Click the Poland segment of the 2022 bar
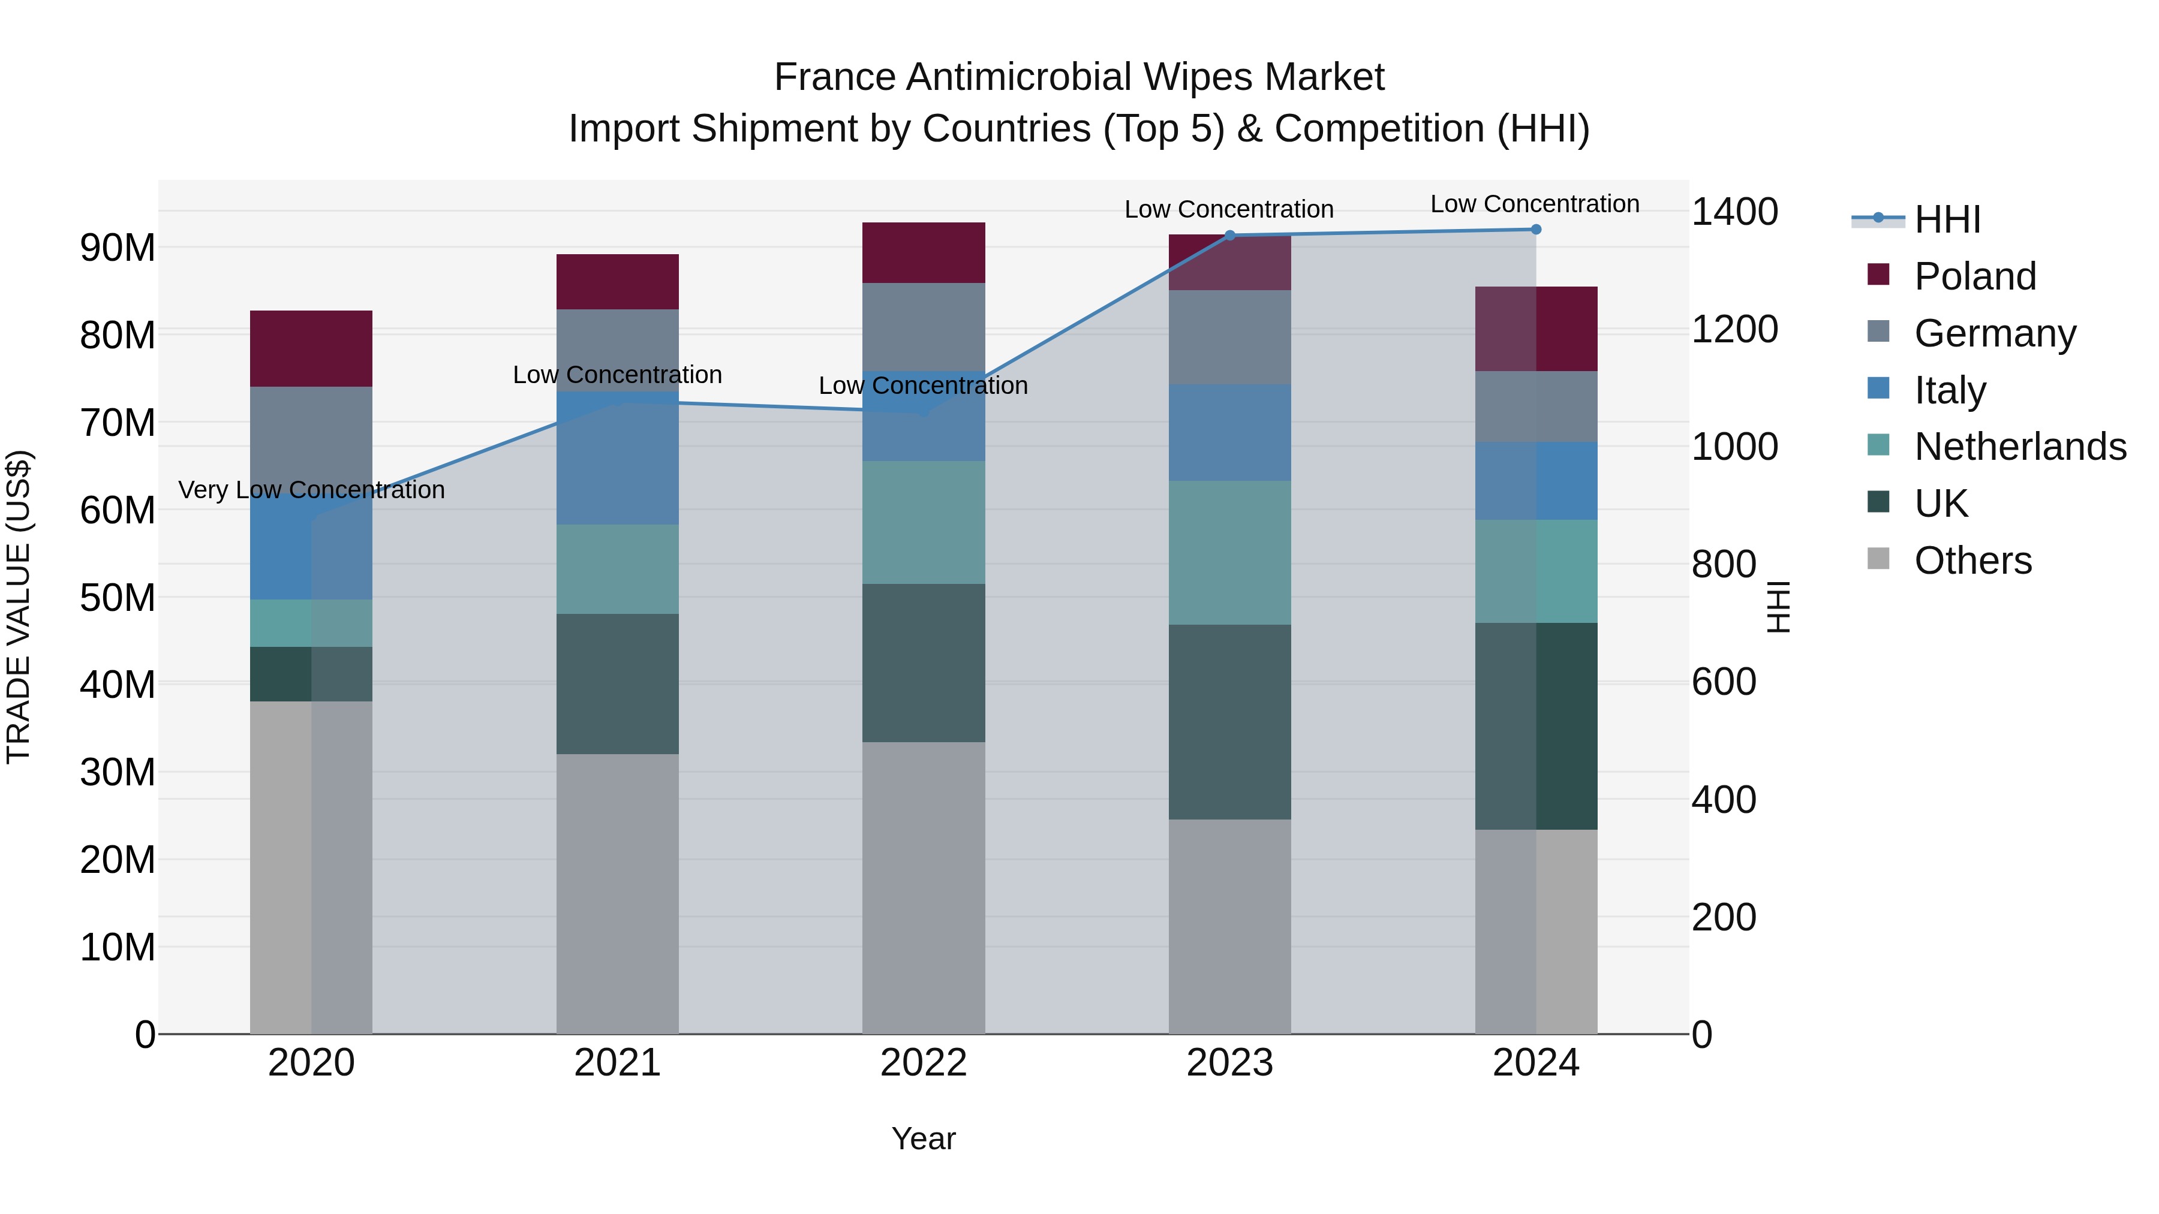924,252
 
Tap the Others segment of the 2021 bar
617,893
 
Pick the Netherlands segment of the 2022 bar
924,522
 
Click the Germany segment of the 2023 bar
1229,337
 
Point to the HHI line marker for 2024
1535,230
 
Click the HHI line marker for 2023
1229,236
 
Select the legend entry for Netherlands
2020,447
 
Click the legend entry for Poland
1975,276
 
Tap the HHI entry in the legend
1946,219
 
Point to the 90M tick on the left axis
118,248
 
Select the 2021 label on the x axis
617,1063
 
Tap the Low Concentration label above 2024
1535,204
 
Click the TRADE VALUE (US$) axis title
19,607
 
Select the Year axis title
924,1138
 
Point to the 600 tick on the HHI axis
1723,682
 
